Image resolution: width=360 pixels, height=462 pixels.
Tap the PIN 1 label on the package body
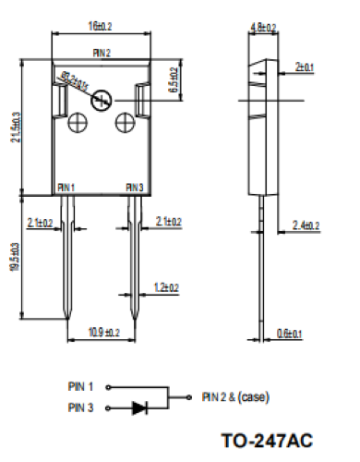point(66,188)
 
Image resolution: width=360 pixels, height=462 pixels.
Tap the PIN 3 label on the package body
point(135,188)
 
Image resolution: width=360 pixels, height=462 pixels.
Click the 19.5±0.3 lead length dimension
point(12,259)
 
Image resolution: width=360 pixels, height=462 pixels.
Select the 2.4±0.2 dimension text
point(306,225)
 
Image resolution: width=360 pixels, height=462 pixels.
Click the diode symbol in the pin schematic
point(140,407)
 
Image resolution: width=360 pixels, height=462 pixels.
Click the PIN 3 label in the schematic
point(81,407)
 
